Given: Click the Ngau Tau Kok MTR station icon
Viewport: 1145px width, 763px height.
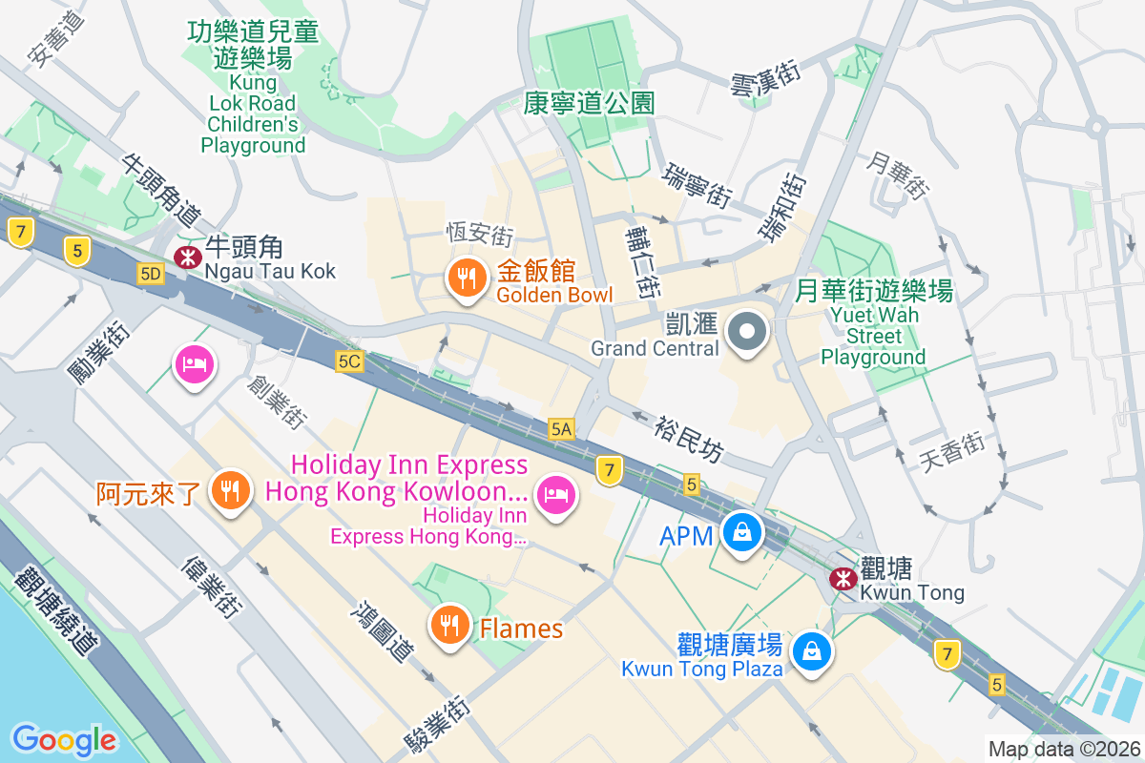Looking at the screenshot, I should (186, 256).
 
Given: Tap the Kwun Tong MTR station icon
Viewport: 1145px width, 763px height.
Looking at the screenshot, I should (843, 578).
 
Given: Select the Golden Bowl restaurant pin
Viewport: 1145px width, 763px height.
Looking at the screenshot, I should (466, 278).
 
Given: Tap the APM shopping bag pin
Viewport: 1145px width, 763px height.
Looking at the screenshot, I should (741, 532).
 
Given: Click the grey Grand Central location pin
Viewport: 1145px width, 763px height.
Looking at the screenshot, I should (747, 333).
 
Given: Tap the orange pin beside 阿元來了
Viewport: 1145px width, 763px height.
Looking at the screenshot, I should (229, 490).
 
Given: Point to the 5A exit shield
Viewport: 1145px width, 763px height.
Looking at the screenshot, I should (561, 430).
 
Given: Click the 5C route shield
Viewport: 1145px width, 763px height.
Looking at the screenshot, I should (350, 361).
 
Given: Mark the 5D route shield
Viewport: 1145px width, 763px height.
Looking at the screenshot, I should (150, 275).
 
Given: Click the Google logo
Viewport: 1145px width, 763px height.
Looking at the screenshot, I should (64, 739).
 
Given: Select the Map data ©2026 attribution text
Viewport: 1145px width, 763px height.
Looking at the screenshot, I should (1063, 749).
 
